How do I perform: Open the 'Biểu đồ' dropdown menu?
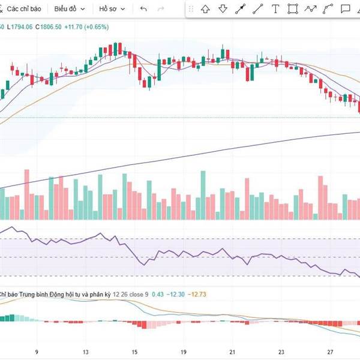70,9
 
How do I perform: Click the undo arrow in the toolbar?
143,9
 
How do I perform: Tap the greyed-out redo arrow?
160,9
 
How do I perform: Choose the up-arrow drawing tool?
205,9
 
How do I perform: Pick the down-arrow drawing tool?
223,9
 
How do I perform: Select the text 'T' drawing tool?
275,9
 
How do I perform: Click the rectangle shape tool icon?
293,9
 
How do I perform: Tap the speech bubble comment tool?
346,9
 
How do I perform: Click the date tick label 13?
86,352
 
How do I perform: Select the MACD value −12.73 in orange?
197,294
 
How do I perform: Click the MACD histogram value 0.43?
158,294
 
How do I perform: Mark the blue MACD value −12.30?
176,294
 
